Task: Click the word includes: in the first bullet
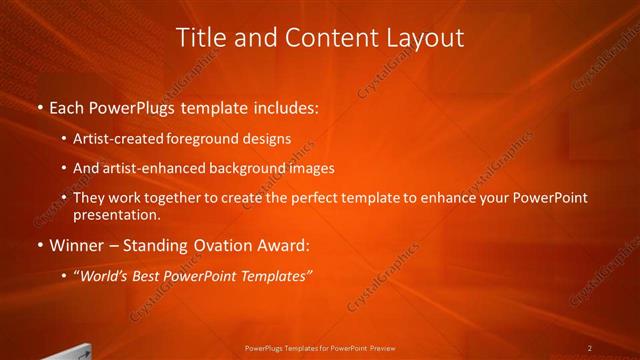285,106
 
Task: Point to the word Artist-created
113,139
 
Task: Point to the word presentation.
117,214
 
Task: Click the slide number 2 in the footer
590,348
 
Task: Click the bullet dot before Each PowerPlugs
38,106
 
